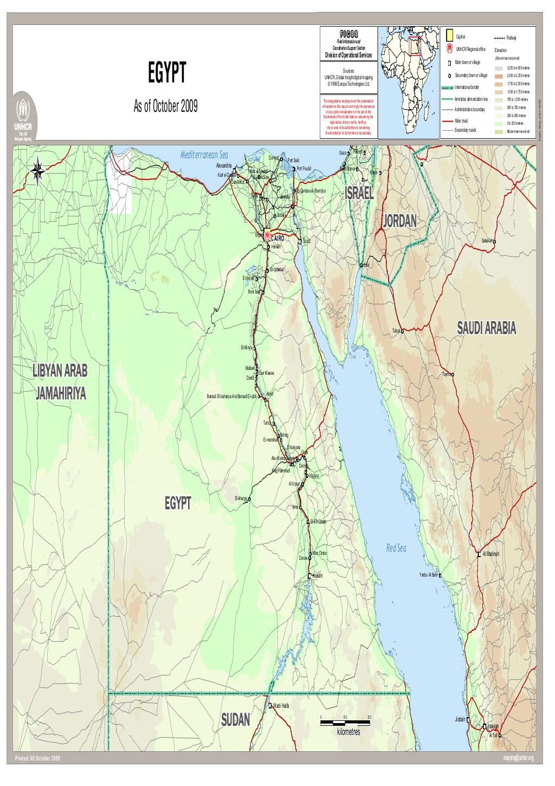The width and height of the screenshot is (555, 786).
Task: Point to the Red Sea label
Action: [396, 548]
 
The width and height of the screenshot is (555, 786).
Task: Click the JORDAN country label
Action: [400, 221]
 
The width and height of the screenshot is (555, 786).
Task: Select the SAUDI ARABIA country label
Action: [486, 328]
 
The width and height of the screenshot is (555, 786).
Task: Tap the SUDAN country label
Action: [236, 720]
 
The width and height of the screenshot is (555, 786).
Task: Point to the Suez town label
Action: [307, 240]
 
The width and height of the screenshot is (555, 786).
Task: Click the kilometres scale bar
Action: [344, 723]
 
